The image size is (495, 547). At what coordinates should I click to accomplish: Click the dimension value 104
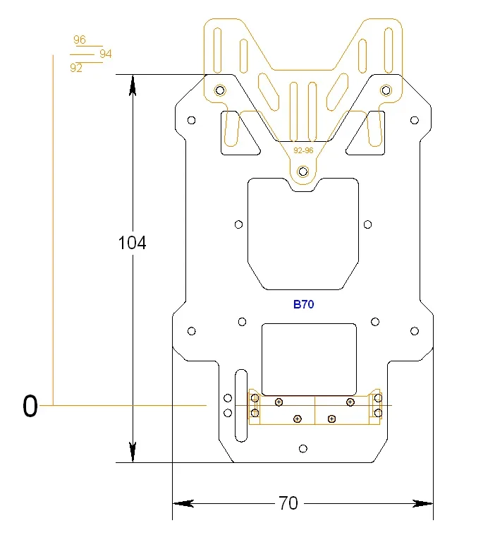pos(132,243)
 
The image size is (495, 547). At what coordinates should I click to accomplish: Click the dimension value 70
pos(288,503)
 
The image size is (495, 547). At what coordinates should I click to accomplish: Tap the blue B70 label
pos(303,305)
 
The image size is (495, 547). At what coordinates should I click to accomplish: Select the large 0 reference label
pos(30,407)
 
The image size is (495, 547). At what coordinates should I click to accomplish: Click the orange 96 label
pos(80,40)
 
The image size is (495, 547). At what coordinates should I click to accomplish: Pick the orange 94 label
pos(106,54)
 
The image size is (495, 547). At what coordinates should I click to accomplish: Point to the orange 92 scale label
pos(76,68)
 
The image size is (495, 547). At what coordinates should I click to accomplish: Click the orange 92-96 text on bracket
pos(303,150)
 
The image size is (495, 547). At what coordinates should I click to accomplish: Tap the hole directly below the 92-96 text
pos(303,171)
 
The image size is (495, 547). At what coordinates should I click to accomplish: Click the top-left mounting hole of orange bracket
pos(220,90)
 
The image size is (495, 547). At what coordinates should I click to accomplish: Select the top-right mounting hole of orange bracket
pos(386,90)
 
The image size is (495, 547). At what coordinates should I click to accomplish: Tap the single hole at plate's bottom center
pos(303,449)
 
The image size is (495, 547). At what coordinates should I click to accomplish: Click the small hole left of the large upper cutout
pos(239,224)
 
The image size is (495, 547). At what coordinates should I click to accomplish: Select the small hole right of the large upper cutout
pos(367,224)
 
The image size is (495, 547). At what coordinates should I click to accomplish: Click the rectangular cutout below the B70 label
pos(309,359)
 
